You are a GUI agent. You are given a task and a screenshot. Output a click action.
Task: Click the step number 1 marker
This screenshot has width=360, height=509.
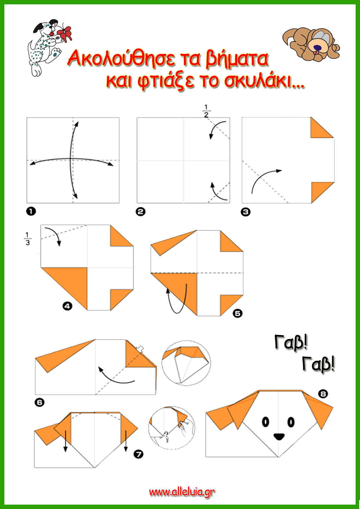click(31, 211)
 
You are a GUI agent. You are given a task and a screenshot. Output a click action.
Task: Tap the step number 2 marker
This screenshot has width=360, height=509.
click(141, 212)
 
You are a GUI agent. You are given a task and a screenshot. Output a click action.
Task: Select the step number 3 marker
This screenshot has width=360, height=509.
click(246, 212)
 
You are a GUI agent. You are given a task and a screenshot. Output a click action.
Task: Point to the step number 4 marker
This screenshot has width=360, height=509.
click(67, 306)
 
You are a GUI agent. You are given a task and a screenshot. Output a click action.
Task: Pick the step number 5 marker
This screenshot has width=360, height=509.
click(237, 313)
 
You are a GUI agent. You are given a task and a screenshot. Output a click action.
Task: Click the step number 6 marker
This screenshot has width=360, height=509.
click(39, 402)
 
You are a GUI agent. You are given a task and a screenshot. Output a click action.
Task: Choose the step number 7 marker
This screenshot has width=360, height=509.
click(138, 454)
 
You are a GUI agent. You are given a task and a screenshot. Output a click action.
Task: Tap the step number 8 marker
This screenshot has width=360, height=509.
click(323, 394)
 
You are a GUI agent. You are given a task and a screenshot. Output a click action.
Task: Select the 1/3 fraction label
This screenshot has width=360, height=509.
click(28, 239)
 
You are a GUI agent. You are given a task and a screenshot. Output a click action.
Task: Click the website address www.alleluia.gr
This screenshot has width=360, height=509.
click(182, 492)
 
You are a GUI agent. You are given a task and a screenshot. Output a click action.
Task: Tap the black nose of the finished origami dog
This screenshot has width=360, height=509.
click(279, 436)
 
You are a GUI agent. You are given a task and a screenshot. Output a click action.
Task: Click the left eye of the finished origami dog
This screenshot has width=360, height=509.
click(265, 422)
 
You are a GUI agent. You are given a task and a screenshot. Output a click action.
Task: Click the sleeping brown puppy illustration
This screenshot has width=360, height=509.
click(311, 44)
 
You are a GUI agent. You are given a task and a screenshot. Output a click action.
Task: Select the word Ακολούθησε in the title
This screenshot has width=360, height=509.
click(121, 58)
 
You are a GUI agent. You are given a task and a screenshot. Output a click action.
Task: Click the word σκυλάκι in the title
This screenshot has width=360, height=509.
click(264, 81)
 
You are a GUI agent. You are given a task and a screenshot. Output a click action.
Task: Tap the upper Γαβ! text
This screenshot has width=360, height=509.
click(291, 342)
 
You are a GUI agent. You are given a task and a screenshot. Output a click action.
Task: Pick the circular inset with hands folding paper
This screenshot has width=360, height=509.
click(172, 428)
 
